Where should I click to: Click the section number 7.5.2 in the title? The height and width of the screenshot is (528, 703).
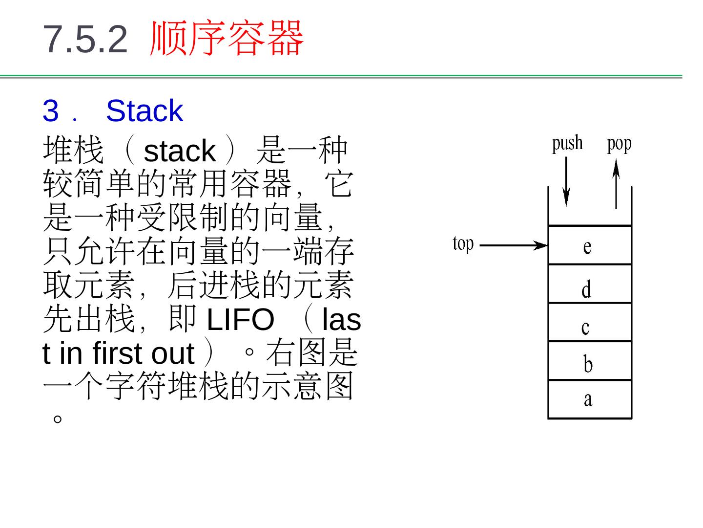point(85,39)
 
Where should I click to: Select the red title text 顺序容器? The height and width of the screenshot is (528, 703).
point(227,38)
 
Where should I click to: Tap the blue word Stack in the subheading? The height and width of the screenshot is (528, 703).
point(144,111)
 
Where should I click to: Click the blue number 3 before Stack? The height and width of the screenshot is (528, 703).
point(50,111)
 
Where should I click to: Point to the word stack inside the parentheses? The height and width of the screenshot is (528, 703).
point(180,151)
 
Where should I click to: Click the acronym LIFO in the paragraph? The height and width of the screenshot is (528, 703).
point(240,320)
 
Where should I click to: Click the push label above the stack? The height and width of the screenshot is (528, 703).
point(567,144)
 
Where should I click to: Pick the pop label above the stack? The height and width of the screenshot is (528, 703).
point(619,144)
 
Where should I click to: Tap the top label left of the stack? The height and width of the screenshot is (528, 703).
point(463,244)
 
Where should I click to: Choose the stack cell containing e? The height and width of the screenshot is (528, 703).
point(590,245)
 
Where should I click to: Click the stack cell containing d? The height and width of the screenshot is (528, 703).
point(590,284)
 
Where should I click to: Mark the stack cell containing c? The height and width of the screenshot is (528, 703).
point(590,323)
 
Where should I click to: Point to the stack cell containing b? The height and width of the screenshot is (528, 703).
point(590,361)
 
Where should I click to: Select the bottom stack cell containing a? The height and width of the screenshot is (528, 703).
point(590,399)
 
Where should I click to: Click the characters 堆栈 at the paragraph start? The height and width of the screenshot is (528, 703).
point(73,151)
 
